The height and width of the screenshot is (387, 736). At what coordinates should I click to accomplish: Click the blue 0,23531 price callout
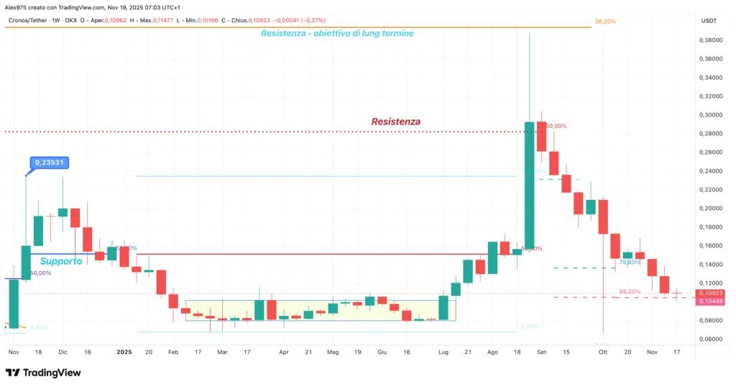point(49,163)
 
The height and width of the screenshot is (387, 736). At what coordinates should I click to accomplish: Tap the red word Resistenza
point(395,122)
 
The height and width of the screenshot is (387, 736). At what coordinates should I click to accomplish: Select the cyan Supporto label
point(60,261)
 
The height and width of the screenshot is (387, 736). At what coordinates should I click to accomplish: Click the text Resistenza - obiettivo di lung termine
point(337,33)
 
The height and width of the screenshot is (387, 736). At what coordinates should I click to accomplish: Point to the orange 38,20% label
point(605,22)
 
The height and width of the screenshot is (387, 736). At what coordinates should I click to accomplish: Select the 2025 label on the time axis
point(124,352)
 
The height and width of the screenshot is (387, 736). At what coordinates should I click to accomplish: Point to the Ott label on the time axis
point(603,352)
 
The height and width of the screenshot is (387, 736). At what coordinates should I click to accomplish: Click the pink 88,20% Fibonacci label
point(629,291)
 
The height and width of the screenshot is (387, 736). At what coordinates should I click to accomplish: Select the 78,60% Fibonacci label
point(630,263)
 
